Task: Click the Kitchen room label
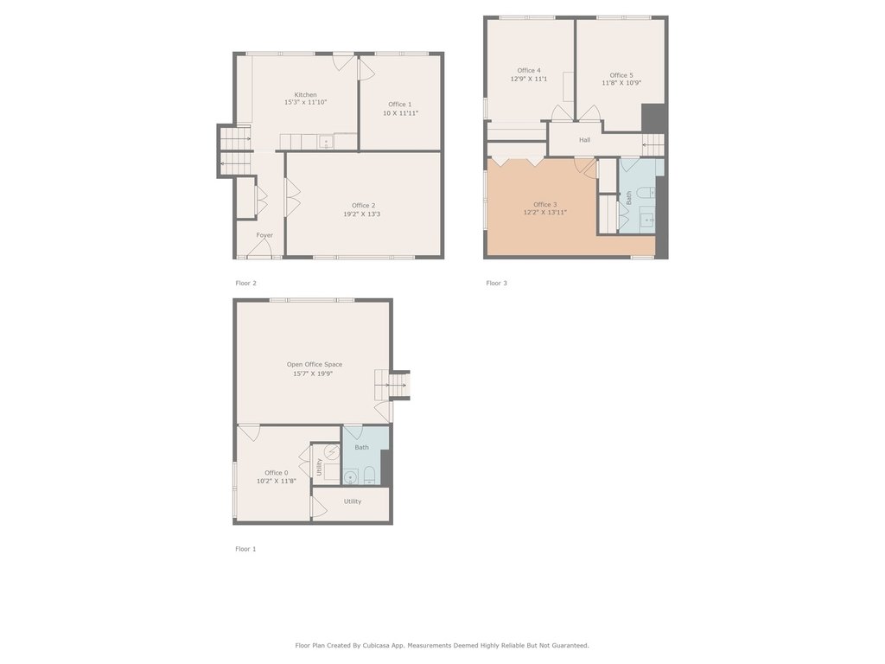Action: (x=305, y=95)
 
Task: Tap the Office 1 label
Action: (x=399, y=105)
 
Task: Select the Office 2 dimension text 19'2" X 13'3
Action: (x=362, y=214)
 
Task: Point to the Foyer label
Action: (x=264, y=235)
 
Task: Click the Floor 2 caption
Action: (x=245, y=284)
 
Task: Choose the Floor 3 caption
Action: (x=496, y=284)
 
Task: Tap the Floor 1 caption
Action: (x=245, y=549)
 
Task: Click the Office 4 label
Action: (x=529, y=71)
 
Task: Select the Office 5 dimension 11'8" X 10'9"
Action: (x=621, y=83)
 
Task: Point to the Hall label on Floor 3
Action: (x=584, y=140)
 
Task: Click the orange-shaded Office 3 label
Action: (x=544, y=205)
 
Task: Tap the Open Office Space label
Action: (x=315, y=365)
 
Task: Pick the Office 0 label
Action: (x=276, y=473)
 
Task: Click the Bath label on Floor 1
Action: (x=361, y=448)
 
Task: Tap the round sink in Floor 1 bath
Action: (x=351, y=477)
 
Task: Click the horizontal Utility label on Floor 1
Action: (x=353, y=501)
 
